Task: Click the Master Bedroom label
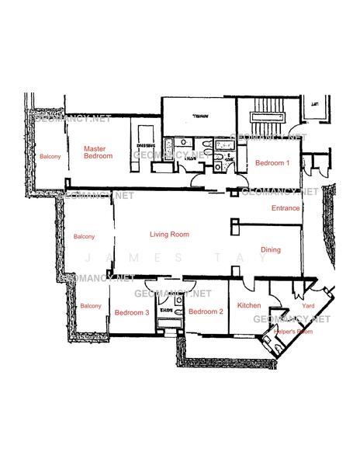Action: tap(98, 152)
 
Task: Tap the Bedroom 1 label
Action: tap(272, 163)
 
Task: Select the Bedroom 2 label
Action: tap(206, 311)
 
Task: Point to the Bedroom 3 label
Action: tap(131, 312)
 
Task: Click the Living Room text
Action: tap(169, 234)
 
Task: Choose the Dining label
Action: tap(271, 249)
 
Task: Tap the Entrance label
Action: tap(285, 208)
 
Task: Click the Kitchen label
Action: tap(248, 305)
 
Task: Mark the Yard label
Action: tap(297, 305)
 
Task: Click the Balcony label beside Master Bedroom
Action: tap(50, 157)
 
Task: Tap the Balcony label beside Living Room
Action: tap(83, 236)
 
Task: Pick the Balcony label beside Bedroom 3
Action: tap(90, 306)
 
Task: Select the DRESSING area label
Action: tap(145, 145)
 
